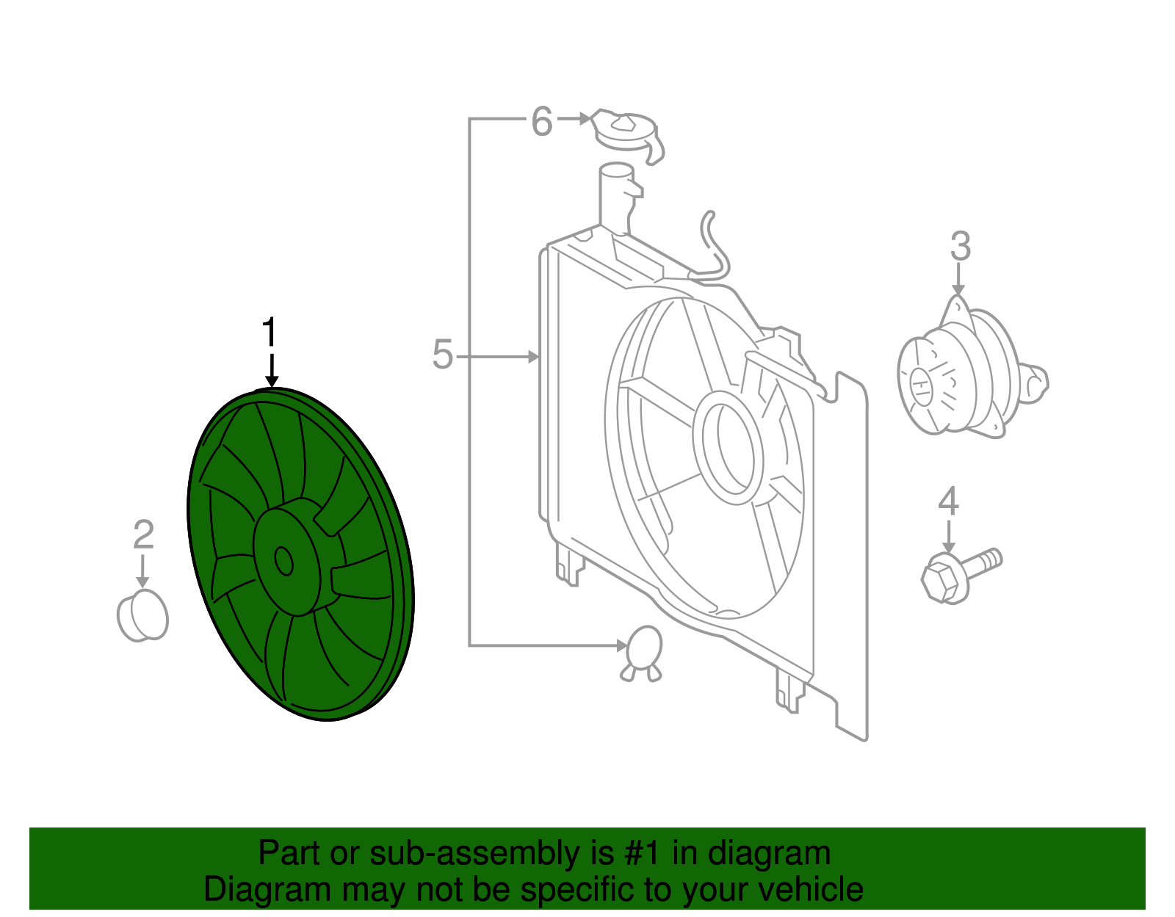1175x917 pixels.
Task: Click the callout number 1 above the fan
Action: click(x=270, y=332)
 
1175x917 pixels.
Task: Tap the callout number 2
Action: click(x=144, y=534)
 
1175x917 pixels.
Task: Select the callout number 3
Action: click(x=961, y=246)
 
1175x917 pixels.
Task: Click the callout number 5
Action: click(x=442, y=355)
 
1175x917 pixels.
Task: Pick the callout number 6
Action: click(x=542, y=121)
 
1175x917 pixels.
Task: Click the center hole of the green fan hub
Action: click(x=283, y=561)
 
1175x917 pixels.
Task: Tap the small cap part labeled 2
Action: click(x=142, y=616)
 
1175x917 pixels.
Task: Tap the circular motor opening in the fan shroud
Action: click(x=728, y=447)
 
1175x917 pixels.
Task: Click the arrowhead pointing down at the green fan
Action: click(x=272, y=380)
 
